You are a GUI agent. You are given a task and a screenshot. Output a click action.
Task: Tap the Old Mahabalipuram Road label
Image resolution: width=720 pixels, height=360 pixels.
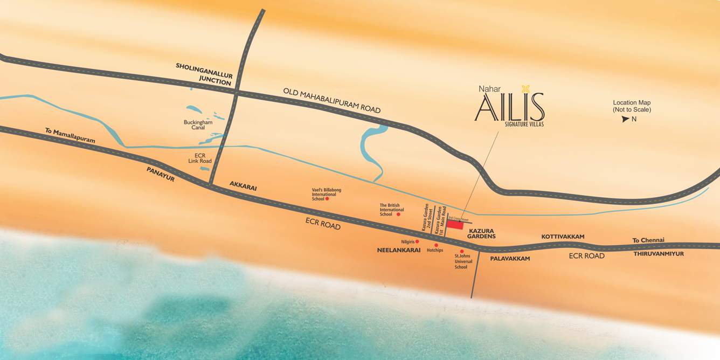coord(332,100)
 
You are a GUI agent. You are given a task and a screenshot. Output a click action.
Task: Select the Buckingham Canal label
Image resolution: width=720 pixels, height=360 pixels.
coord(198,125)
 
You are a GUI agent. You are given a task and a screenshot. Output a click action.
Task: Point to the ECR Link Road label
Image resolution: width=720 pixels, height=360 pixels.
coord(200,158)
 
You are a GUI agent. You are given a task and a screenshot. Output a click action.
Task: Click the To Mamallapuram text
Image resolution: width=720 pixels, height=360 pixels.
coord(70,135)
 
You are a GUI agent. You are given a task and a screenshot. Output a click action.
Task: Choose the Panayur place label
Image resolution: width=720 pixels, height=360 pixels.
coord(161,174)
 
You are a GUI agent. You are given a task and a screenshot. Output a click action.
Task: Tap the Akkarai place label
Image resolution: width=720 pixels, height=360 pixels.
coord(243,186)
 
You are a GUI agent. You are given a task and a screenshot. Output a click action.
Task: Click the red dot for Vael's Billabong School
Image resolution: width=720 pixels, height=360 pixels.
coord(327,199)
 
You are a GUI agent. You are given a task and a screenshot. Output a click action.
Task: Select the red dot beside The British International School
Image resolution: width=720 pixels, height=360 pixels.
coord(398,214)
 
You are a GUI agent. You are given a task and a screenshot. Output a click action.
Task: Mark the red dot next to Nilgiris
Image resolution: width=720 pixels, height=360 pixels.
coord(417,241)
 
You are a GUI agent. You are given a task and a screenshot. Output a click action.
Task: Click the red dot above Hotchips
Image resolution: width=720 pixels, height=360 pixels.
coord(436,245)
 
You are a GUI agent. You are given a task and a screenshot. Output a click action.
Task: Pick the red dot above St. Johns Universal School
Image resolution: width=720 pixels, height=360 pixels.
coord(462,251)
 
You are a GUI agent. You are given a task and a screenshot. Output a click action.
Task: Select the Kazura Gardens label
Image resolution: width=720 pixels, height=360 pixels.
coord(481,233)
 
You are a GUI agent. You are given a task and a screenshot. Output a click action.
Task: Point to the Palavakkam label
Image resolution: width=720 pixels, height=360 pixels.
coord(510,259)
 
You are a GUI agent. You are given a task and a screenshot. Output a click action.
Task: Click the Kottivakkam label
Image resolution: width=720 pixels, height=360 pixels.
coord(563,237)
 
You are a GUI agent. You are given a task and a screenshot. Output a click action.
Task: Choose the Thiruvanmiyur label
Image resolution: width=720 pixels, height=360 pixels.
coord(658,253)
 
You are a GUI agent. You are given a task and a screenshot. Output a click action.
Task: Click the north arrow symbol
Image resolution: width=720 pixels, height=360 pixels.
coord(625,119)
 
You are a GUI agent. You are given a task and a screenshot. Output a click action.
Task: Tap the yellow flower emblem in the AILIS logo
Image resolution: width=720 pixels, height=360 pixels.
coord(526,89)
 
